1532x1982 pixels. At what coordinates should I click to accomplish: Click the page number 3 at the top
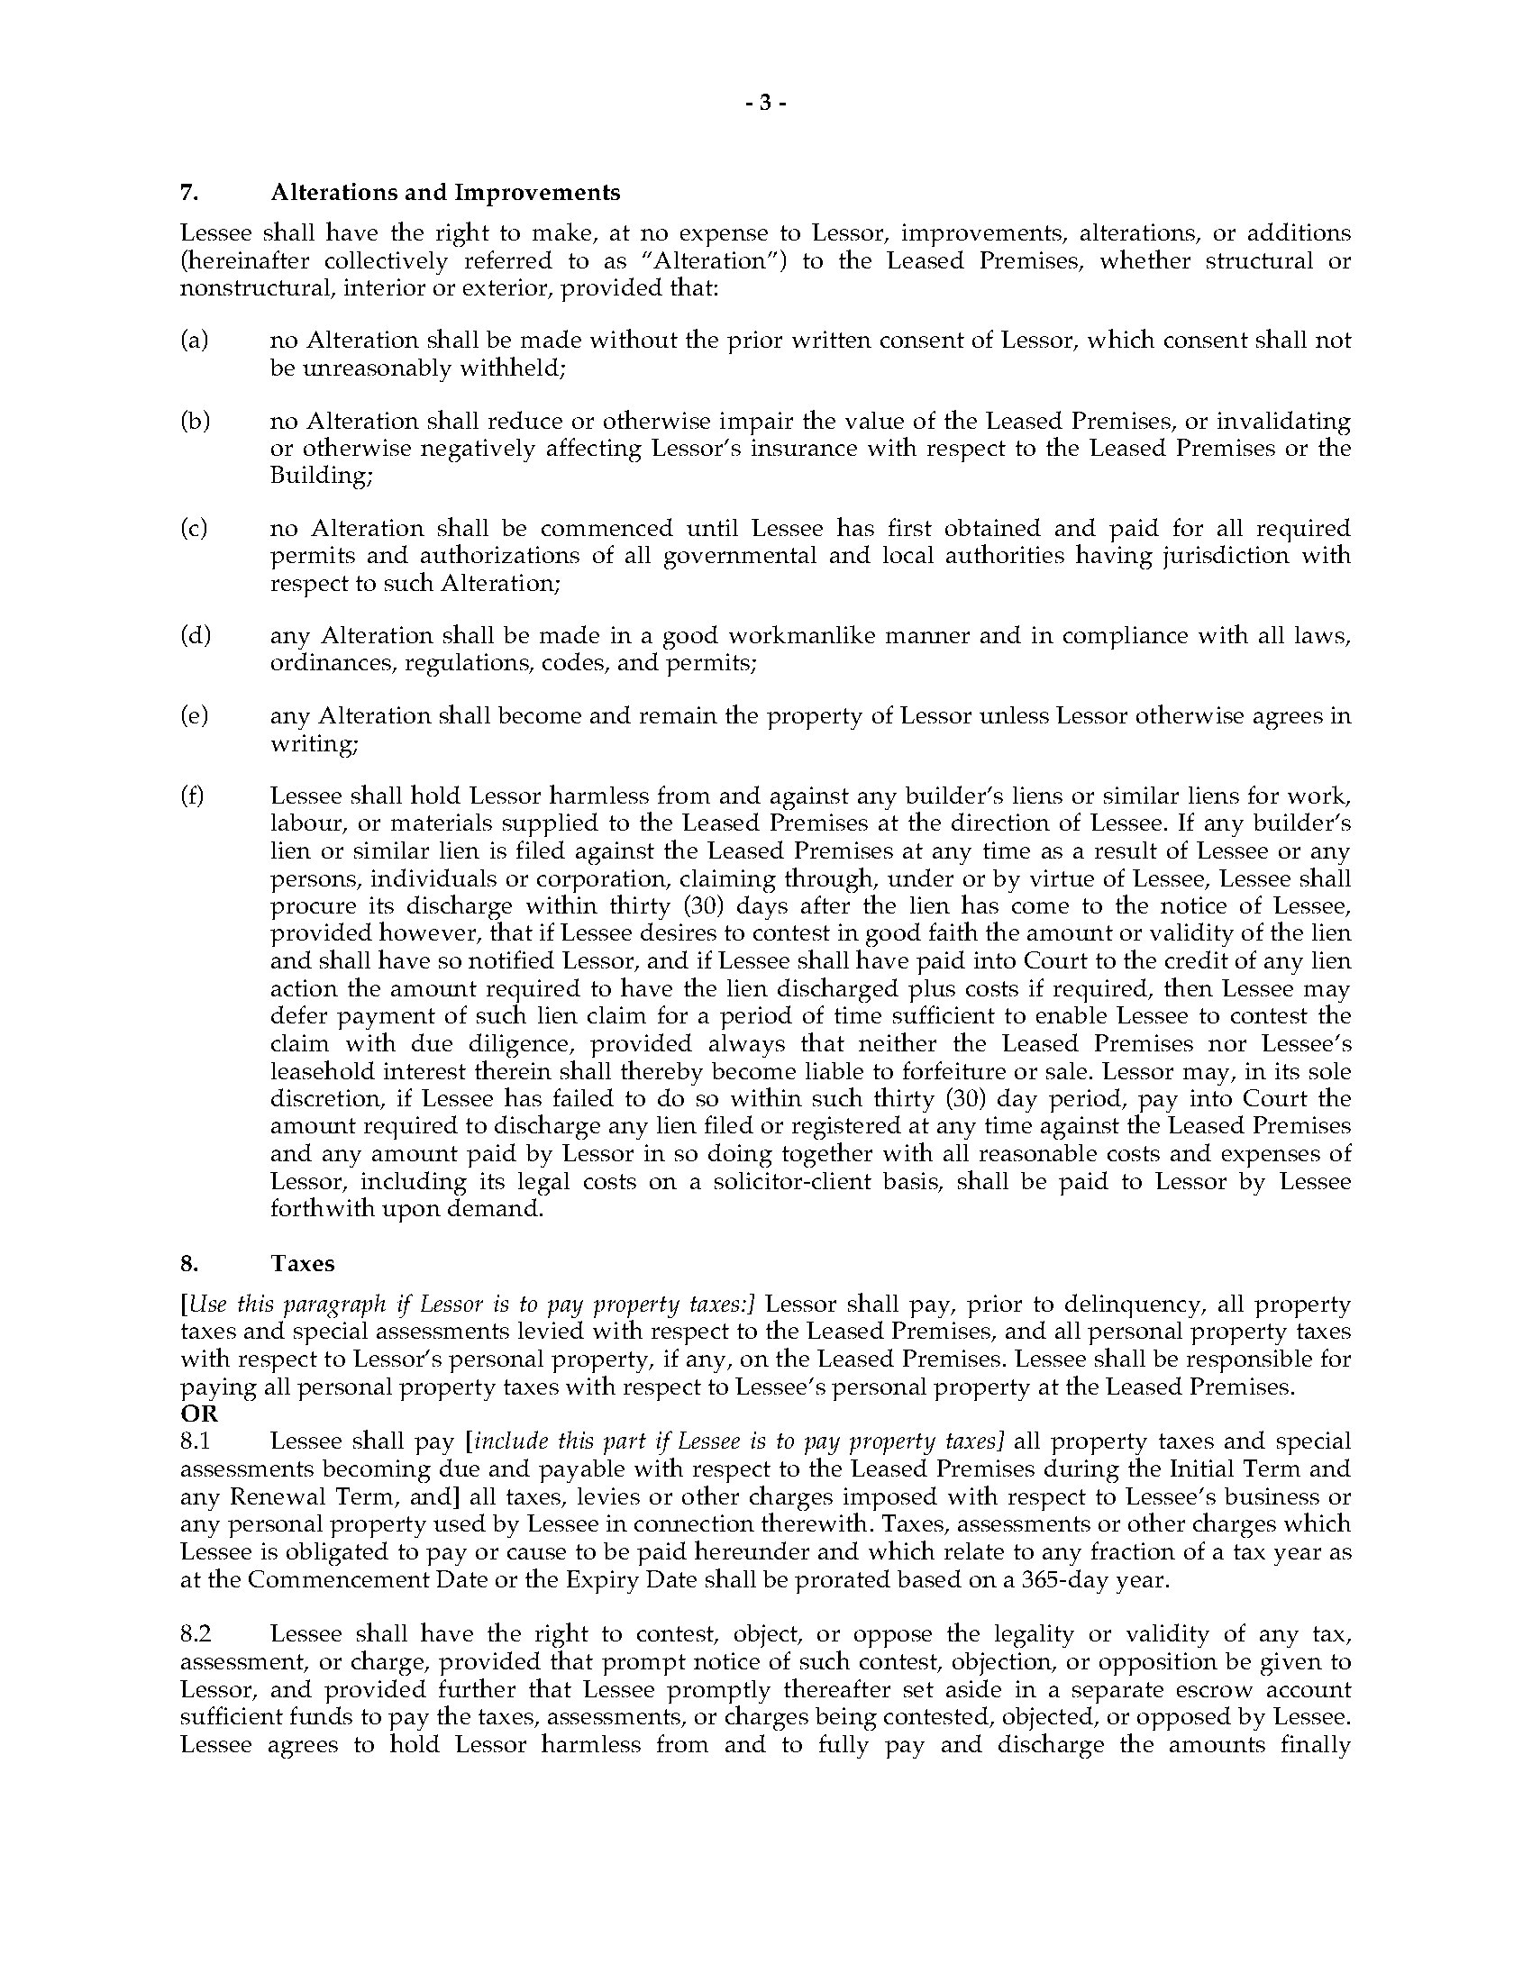(x=764, y=104)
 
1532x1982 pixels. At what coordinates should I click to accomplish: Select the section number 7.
(x=188, y=193)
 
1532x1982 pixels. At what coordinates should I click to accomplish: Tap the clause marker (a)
(x=195, y=341)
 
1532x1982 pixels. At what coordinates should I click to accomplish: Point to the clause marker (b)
(x=196, y=421)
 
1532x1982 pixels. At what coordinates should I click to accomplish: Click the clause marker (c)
(x=195, y=528)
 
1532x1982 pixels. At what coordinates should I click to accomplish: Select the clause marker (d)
(x=196, y=635)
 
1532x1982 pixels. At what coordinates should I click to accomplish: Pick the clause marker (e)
(x=195, y=716)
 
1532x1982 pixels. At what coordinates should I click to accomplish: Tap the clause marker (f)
(x=193, y=796)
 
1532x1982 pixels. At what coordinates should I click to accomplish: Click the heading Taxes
(x=303, y=1263)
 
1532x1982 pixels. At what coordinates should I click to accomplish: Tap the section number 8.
(x=188, y=1263)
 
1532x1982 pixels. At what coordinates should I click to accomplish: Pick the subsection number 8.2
(x=196, y=1634)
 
